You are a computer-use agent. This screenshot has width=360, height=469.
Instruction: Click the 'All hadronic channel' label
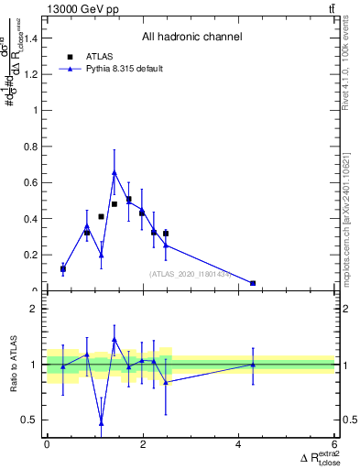tap(191, 38)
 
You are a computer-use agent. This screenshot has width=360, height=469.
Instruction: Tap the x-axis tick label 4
tap(239, 444)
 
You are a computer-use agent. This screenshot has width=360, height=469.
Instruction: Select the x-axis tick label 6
tap(335, 444)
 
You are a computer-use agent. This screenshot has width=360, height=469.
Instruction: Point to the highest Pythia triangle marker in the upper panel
tap(115, 172)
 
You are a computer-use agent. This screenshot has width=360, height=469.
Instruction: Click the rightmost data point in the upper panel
tap(253, 283)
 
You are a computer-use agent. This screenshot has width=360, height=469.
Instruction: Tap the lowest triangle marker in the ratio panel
tap(101, 423)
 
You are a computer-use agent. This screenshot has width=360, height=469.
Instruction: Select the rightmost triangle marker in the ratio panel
tap(253, 365)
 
